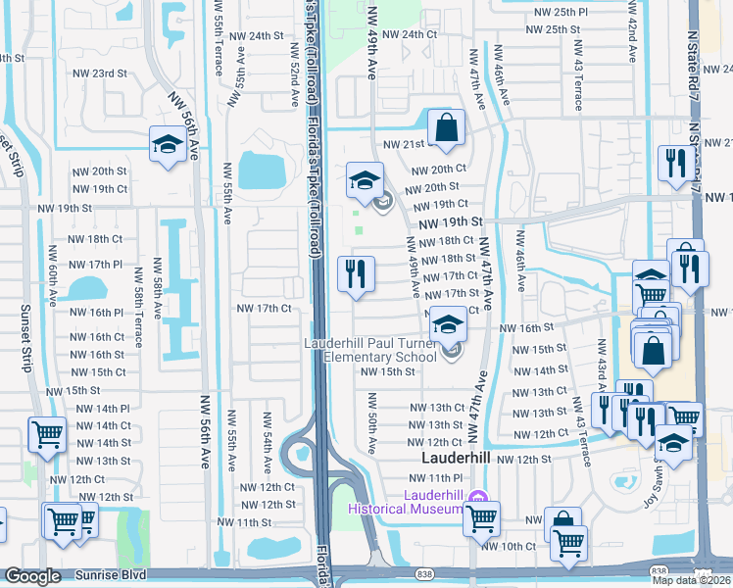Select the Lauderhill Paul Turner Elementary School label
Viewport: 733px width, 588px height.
(x=369, y=350)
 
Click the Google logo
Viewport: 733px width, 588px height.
(x=32, y=576)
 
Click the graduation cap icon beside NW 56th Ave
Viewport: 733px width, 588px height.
(x=168, y=146)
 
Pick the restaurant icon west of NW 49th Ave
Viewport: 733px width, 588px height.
(x=356, y=274)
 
